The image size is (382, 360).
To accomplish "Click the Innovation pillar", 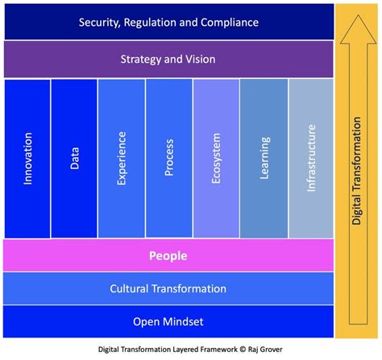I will [27, 159].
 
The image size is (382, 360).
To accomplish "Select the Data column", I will [74, 159].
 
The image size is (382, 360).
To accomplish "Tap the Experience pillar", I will [122, 159].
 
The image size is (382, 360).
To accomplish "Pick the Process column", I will [169, 159].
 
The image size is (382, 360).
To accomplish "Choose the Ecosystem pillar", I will [216, 159].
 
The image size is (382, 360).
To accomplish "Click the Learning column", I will [264, 159].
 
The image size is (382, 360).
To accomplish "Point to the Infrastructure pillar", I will [311, 159].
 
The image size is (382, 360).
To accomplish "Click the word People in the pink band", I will [168, 256].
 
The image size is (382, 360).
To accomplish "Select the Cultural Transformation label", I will [168, 288].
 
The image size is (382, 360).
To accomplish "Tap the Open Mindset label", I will [168, 321].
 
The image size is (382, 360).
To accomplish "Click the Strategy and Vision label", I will [168, 60].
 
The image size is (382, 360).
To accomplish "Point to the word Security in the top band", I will [101, 22].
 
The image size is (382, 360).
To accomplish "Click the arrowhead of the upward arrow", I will [358, 32].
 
